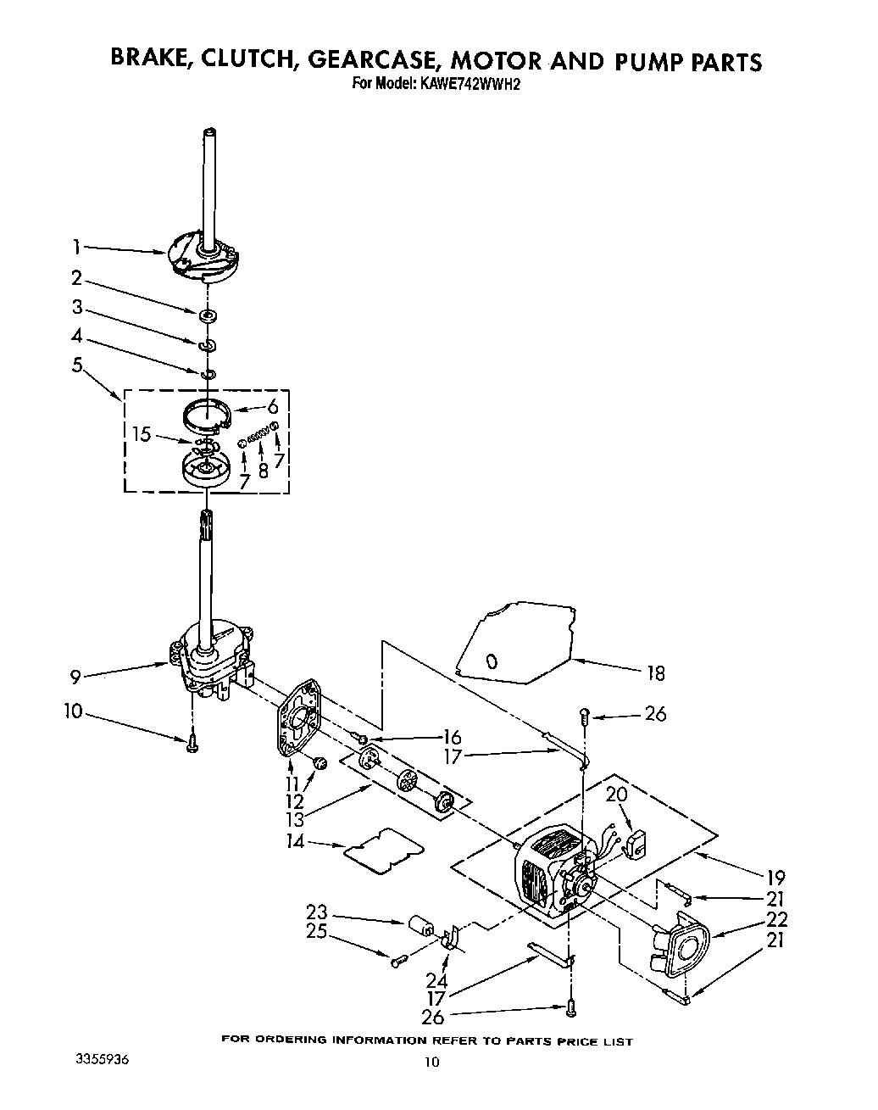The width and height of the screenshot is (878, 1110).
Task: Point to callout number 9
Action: pos(76,677)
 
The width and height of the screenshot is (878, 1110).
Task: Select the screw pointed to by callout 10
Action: pos(193,743)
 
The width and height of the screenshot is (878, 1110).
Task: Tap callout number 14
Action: pos(295,842)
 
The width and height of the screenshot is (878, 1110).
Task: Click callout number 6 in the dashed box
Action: pos(273,406)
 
